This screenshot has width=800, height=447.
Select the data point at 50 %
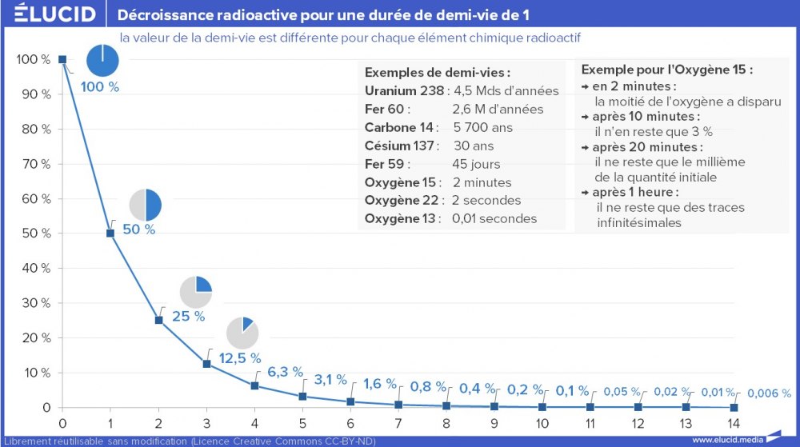(110, 233)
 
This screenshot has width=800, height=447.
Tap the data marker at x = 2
(158, 320)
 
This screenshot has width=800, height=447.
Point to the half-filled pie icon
(145, 206)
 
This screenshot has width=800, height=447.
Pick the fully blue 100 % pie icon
(102, 62)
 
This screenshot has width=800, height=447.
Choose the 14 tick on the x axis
(734, 423)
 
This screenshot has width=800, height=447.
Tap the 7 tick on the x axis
(398, 423)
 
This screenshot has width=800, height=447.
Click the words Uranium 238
(403, 90)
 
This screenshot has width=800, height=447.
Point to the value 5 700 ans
(482, 127)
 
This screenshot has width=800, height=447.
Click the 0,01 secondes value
(494, 218)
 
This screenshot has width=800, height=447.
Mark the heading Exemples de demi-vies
(437, 72)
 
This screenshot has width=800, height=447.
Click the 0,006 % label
(769, 393)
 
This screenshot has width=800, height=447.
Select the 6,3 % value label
(285, 372)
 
